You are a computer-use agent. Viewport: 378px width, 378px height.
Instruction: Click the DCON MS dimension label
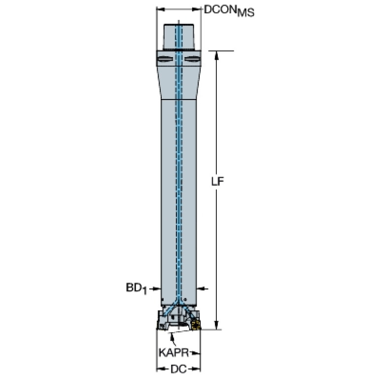229,11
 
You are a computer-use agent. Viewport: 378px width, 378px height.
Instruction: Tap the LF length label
217,181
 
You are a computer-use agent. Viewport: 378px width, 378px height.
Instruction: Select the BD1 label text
136,289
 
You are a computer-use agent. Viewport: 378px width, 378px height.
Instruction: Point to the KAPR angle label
173,353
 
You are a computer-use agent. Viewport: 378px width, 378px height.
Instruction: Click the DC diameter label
178,369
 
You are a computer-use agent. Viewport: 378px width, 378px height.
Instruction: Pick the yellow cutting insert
196,325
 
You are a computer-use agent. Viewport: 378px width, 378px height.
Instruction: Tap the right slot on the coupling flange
193,59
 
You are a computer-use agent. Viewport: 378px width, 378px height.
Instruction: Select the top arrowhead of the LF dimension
216,55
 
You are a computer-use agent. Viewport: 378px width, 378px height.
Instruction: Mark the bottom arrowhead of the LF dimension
216,325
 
